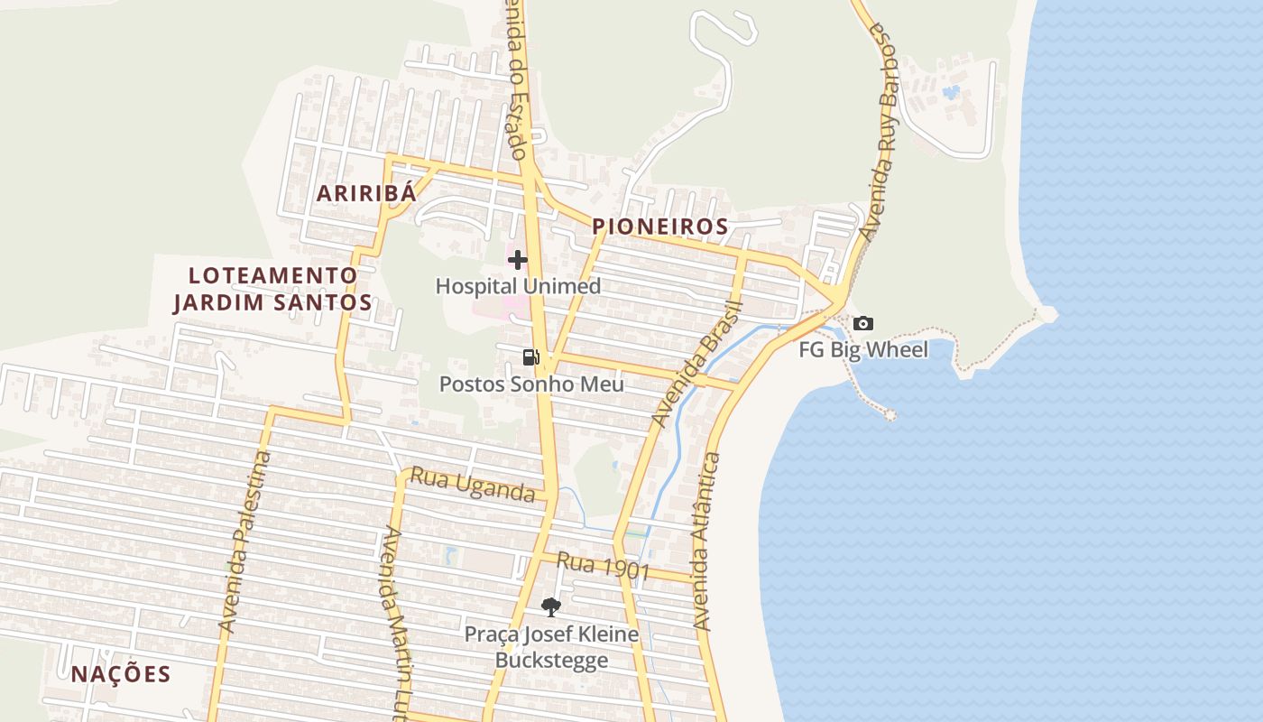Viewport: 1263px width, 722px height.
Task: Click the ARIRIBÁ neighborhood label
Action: coord(366,192)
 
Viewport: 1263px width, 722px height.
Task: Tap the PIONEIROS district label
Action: coord(660,227)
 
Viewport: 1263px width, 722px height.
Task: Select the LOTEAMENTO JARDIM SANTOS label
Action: coord(272,289)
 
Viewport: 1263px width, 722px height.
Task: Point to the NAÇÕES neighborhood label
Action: coord(121,674)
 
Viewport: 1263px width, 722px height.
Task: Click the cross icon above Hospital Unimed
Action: coord(517,260)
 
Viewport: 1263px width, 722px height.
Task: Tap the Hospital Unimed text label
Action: coord(518,286)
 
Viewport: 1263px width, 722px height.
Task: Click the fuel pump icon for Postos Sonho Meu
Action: coord(530,357)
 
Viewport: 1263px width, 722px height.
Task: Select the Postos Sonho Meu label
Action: coord(531,384)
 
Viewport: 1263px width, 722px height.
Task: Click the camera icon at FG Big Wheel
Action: coord(862,323)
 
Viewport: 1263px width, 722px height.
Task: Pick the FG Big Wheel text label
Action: coord(862,349)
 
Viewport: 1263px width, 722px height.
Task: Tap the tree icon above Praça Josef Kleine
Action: coord(550,606)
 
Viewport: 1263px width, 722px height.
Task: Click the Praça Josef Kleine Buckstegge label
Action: coord(551,647)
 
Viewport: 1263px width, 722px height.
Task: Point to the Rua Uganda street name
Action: coord(473,484)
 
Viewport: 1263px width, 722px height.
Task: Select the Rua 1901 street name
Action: coord(603,566)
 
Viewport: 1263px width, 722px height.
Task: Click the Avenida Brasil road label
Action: coord(696,365)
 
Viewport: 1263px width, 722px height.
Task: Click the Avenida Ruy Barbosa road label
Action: coord(879,131)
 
